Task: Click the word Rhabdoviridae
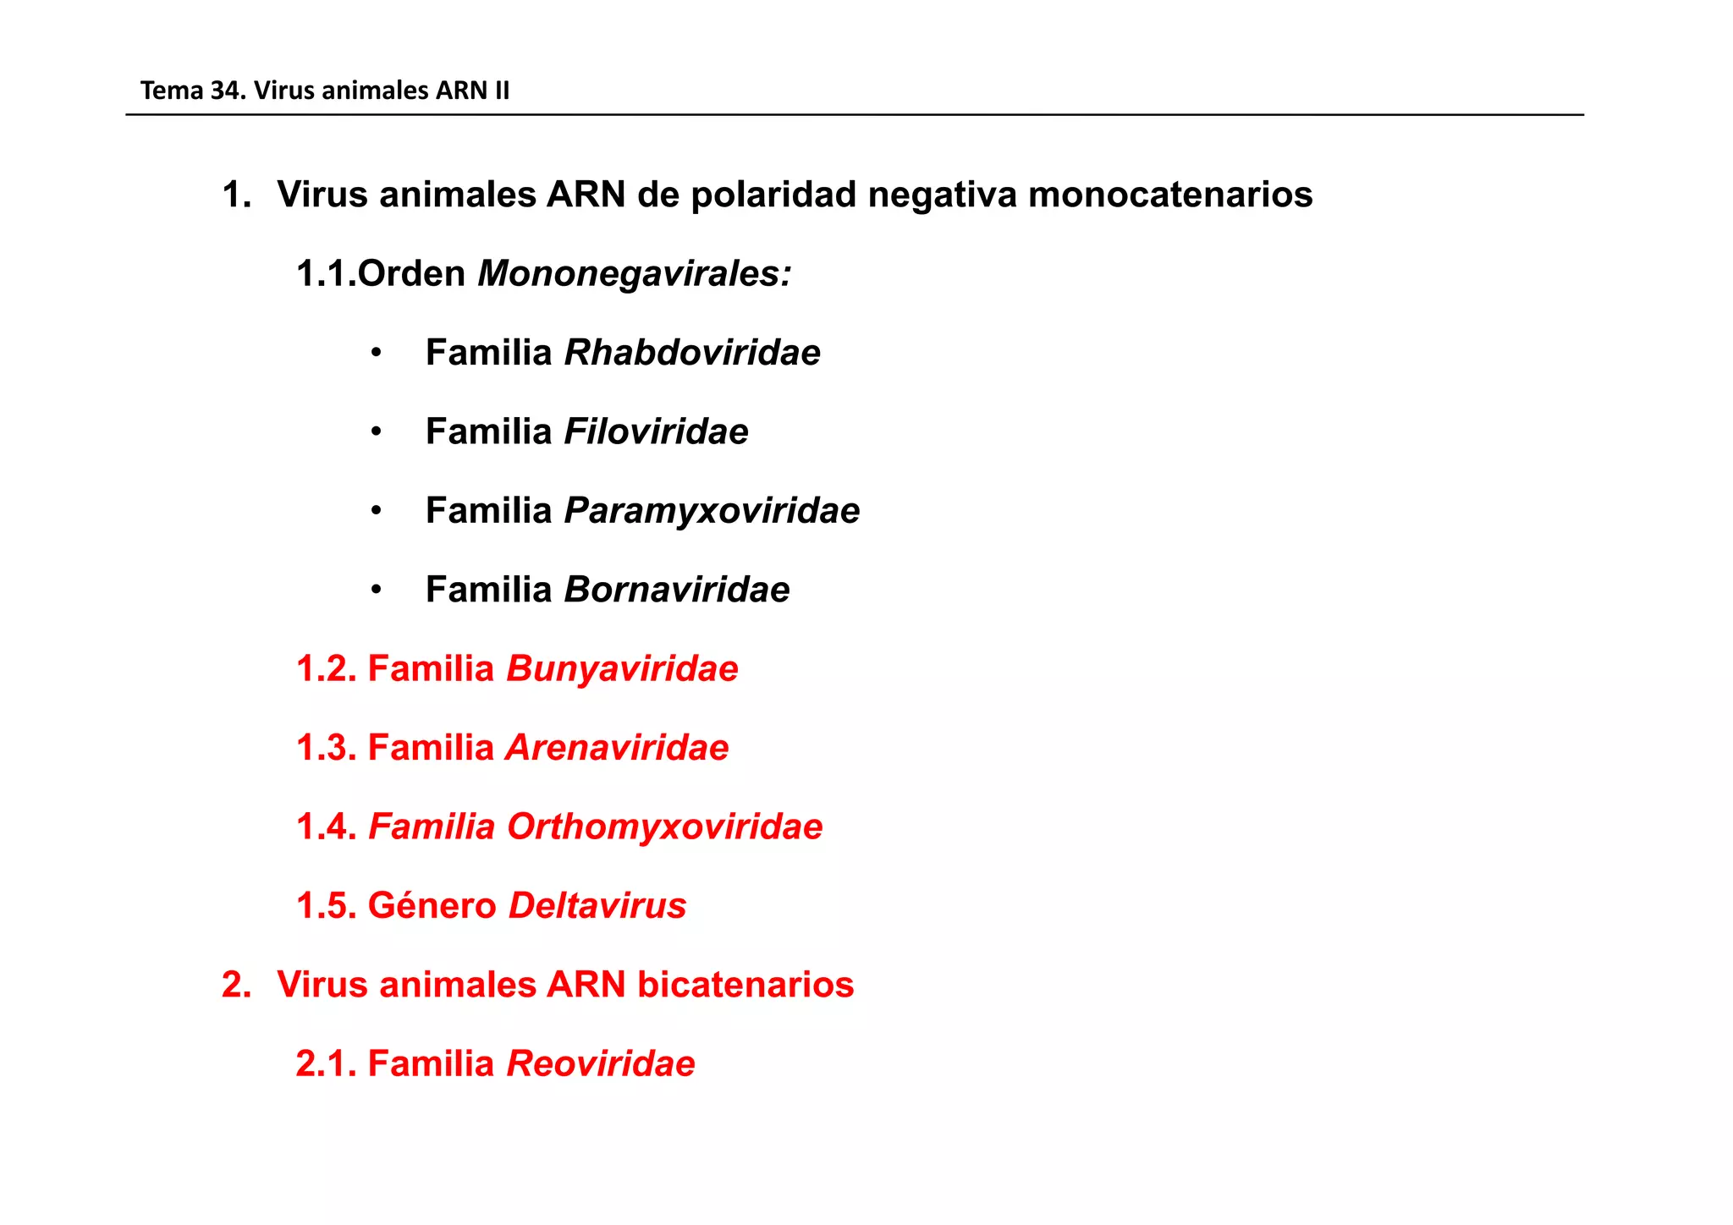tap(692, 353)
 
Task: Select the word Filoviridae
tap(656, 431)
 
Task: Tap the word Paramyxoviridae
tap(712, 511)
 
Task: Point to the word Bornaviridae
tap(676, 590)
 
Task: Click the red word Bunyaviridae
tap(622, 668)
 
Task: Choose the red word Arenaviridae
tap(617, 748)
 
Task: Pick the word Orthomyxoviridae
tap(664, 827)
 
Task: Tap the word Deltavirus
tap(597, 905)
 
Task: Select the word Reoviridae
tap(600, 1063)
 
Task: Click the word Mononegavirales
tap(634, 274)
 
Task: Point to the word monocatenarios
tap(1170, 195)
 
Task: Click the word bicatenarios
tap(745, 985)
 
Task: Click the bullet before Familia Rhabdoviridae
tap(377, 353)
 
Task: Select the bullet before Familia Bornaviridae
tap(377, 590)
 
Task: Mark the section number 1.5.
tap(326, 905)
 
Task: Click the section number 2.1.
tap(326, 1063)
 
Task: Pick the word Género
tap(432, 905)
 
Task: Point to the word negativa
tap(942, 195)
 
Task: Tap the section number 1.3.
tap(326, 748)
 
